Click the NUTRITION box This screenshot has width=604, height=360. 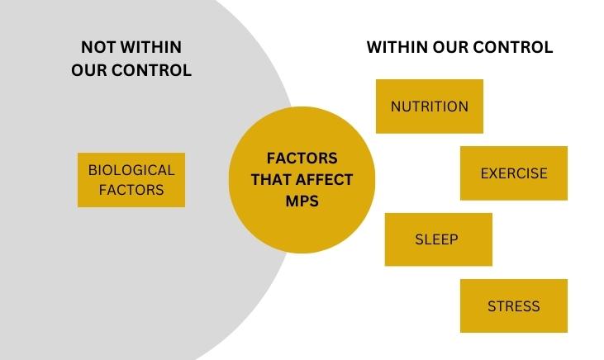pos(429,107)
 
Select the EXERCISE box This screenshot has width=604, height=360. pos(513,173)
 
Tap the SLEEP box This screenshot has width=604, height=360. pos(437,239)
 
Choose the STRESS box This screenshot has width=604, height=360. pos(513,306)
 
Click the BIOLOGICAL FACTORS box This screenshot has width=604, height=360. pos(131,179)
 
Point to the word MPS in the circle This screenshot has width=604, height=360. pos(302,201)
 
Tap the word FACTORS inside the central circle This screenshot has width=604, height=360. pos(302,158)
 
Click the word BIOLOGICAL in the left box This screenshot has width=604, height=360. pos(131,170)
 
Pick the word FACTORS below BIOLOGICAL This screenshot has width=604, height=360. pos(131,190)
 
